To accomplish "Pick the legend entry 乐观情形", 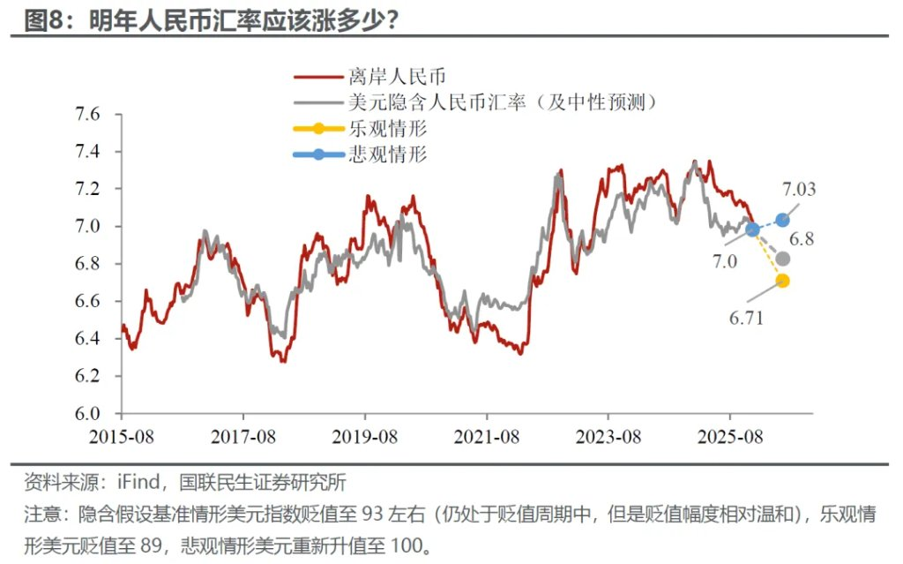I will pyautogui.click(x=387, y=129).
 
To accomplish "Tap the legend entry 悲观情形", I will pyautogui.click(x=387, y=154).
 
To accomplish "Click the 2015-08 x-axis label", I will pyautogui.click(x=122, y=435).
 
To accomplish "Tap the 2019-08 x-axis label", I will pyautogui.click(x=364, y=435).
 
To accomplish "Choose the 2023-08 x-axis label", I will pyautogui.click(x=608, y=435).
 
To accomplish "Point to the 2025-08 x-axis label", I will pyautogui.click(x=729, y=435).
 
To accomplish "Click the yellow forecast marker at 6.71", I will pyautogui.click(x=782, y=281).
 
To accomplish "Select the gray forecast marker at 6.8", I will pyautogui.click(x=782, y=259).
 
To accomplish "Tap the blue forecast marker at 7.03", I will pyautogui.click(x=782, y=220).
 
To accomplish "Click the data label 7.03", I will pyautogui.click(x=799, y=189).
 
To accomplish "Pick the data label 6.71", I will pyautogui.click(x=746, y=317).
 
